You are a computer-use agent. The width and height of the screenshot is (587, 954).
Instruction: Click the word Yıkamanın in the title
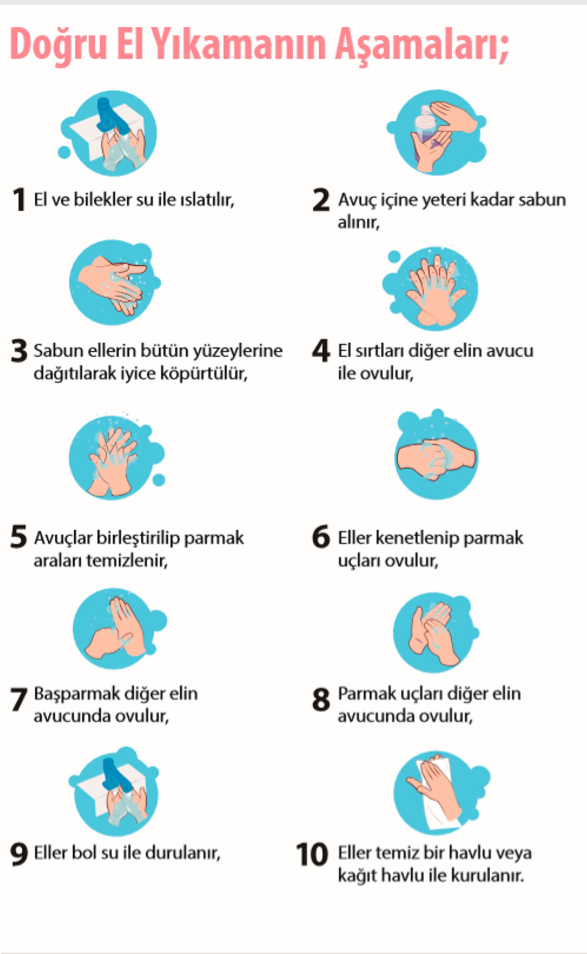click(x=238, y=44)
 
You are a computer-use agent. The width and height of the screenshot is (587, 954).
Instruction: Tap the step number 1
click(x=19, y=199)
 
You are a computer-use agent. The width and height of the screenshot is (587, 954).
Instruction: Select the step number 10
click(x=312, y=854)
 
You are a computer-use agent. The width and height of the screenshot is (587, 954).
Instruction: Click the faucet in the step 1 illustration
click(x=111, y=116)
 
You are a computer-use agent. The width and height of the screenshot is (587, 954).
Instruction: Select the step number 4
click(x=321, y=350)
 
